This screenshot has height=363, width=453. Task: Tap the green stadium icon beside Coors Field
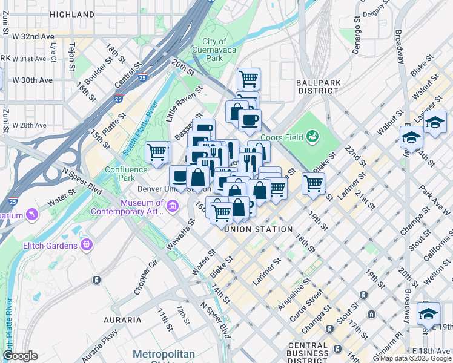[x=312, y=136]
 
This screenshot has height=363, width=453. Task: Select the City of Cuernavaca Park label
[x=214, y=50]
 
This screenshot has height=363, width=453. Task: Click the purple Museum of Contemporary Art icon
[x=173, y=208]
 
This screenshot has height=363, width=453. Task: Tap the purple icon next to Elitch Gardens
[x=87, y=245]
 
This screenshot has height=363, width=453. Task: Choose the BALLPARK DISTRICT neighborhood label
[x=317, y=87]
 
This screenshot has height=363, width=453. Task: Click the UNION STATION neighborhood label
[x=259, y=229]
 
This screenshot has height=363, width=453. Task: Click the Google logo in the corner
[x=20, y=356]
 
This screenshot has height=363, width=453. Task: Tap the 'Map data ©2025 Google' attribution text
[x=415, y=358]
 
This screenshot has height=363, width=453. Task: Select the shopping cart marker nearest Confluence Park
[x=157, y=152]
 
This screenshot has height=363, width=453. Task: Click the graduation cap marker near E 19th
[x=428, y=315]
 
